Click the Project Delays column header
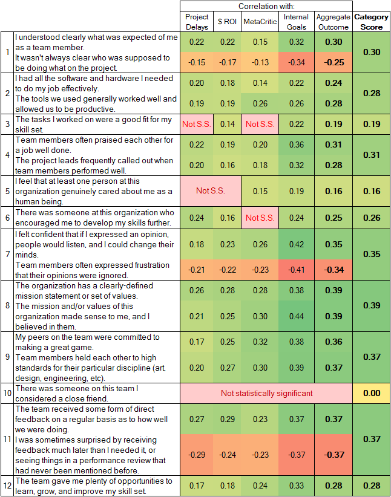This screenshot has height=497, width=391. tap(197, 22)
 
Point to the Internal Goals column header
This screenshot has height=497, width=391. tap(296, 22)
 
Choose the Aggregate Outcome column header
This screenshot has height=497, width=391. tap(333, 22)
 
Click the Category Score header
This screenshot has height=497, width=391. tap(371, 22)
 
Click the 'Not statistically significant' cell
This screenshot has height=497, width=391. tap(266, 393)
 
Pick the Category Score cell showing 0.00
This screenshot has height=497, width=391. tap(371, 393)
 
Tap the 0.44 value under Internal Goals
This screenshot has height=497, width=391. tap(296, 316)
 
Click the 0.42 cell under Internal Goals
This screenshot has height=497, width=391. tap(296, 244)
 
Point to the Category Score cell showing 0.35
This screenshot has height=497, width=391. tap(371, 255)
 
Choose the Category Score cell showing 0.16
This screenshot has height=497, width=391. tap(371, 190)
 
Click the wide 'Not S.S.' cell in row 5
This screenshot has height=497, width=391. tap(212, 190)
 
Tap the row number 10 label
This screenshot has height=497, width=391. tap(7, 393)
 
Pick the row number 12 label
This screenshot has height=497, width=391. tap(7, 486)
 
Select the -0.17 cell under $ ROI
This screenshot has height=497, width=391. tap(228, 62)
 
